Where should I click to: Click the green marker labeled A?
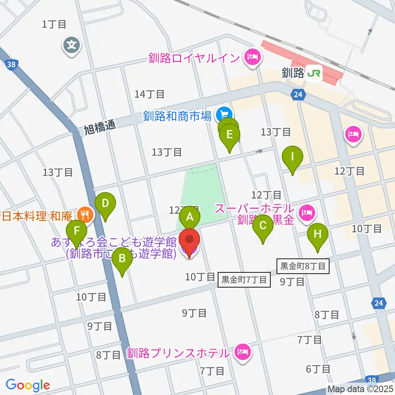[190, 216]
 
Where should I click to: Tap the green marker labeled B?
[122, 259]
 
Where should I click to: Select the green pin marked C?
[263, 225]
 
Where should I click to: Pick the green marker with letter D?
[105, 204]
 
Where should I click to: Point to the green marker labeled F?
[77, 231]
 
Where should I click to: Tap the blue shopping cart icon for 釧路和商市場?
[225, 114]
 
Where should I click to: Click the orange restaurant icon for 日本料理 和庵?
[85, 214]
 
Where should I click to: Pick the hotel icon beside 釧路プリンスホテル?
[243, 352]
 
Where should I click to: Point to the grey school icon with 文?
[72, 44]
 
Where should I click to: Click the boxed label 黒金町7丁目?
[244, 280]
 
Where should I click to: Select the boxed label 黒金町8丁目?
[303, 266]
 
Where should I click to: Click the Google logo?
[28, 385]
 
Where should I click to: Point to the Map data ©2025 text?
[360, 388]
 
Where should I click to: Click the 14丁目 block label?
[149, 94]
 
